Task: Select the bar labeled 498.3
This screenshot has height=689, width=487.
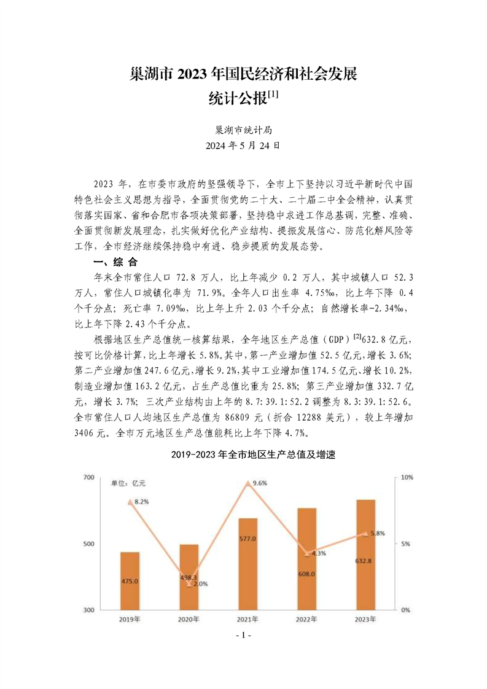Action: click(x=189, y=577)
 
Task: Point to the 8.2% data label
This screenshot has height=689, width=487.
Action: click(x=142, y=502)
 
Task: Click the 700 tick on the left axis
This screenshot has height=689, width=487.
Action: click(x=87, y=477)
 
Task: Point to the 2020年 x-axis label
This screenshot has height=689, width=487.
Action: click(x=189, y=620)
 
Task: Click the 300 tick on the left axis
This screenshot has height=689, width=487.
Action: click(x=87, y=610)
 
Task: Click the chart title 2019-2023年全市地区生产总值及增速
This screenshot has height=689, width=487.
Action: click(x=243, y=456)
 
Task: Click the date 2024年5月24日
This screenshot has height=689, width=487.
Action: click(x=243, y=146)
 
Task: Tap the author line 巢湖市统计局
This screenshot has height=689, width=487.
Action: click(x=243, y=130)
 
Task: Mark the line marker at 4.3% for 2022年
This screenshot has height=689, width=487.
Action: click(x=306, y=553)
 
